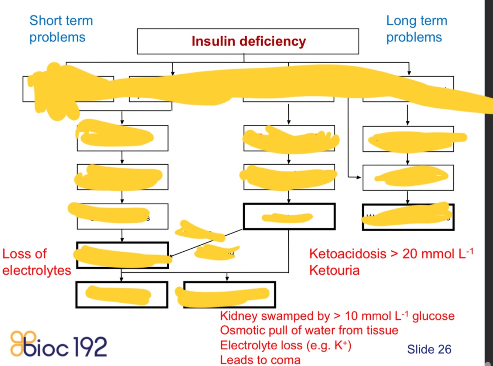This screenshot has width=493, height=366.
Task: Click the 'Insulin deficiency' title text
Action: (x=248, y=41)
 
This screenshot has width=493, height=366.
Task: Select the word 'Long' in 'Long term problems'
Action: (x=400, y=21)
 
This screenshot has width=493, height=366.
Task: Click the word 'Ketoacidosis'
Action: (x=348, y=254)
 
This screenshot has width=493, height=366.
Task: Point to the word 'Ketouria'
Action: (x=334, y=270)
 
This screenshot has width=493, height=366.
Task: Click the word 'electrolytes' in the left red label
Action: (x=37, y=270)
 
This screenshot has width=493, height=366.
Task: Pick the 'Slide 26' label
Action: (x=429, y=349)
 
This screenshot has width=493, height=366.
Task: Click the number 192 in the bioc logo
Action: (x=90, y=347)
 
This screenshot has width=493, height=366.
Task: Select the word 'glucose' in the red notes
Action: (x=433, y=316)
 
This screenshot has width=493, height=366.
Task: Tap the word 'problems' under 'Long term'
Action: (x=414, y=37)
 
